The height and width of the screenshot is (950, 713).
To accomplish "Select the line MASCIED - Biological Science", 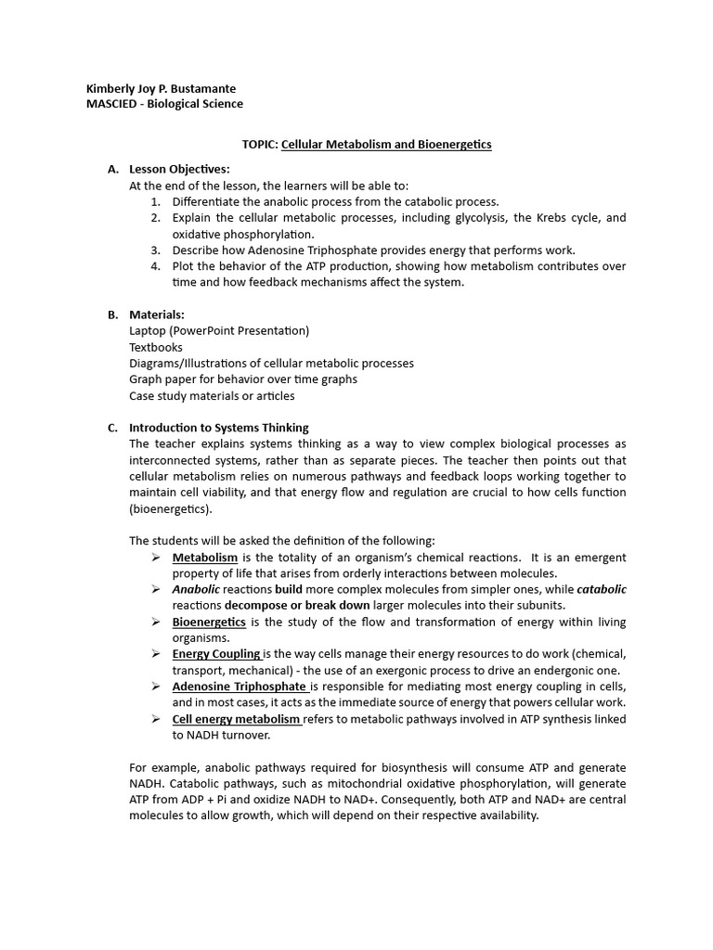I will click(164, 104).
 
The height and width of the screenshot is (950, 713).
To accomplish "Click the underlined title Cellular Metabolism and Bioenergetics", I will click(373, 145).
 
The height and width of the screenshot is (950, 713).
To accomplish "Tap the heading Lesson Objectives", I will click(179, 169).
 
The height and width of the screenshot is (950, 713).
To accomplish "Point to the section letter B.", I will click(112, 315).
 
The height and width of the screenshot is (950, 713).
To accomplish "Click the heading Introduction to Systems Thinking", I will click(219, 428).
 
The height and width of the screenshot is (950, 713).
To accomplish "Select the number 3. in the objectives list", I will click(155, 250).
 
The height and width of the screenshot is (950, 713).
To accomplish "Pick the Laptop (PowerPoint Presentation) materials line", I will click(219, 330).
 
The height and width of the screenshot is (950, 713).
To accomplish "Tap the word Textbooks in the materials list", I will click(156, 347).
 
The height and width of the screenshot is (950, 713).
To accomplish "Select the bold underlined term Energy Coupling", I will click(216, 654).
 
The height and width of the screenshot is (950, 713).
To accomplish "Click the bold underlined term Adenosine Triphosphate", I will click(239, 687).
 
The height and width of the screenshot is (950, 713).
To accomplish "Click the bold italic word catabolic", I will click(602, 589).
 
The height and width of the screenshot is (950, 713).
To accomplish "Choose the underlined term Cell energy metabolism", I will click(236, 719).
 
